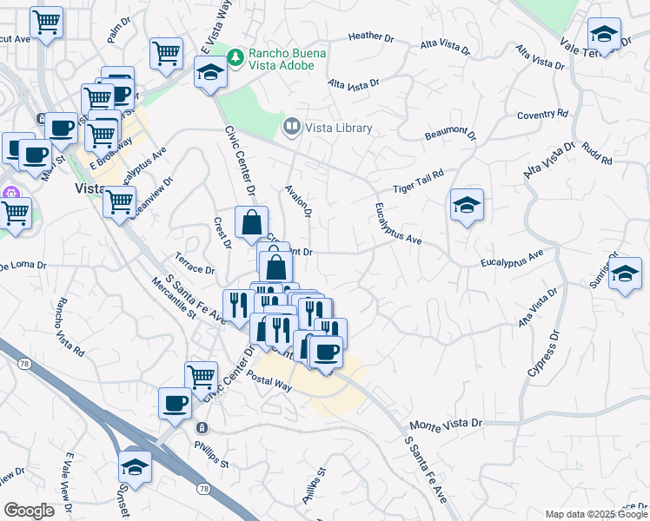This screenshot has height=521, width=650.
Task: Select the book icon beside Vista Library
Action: tap(291, 128)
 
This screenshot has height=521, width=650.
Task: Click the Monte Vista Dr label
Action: tap(445, 425)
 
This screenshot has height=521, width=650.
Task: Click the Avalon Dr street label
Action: tap(298, 201)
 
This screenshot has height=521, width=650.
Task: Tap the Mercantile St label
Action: tap(174, 297)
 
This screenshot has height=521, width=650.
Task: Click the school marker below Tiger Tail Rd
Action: tap(467, 206)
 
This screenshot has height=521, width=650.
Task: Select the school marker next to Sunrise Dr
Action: tap(624, 274)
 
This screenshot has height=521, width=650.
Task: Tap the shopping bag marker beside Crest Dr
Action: tap(250, 222)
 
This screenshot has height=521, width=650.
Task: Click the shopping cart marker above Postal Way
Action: tap(201, 377)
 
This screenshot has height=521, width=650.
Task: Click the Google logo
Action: tap(30, 511)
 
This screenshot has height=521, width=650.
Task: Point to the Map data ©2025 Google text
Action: tap(595, 514)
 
